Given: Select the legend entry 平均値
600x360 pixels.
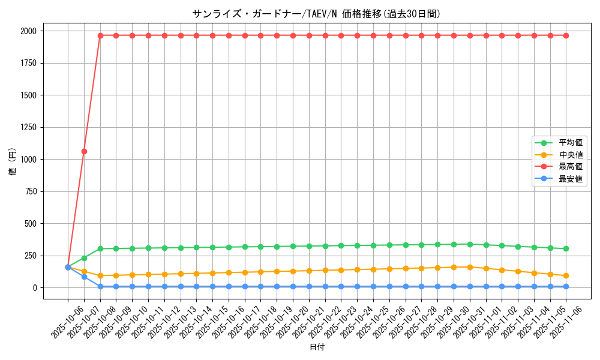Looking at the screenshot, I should [x=571, y=143].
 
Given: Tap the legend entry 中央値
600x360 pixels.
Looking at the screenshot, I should [x=571, y=155].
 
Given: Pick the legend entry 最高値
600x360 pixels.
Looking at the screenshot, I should [x=571, y=167].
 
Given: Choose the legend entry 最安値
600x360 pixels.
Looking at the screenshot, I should [x=571, y=179].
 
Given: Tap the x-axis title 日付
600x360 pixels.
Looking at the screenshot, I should [x=317, y=347].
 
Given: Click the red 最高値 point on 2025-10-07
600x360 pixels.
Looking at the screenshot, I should [x=84, y=151].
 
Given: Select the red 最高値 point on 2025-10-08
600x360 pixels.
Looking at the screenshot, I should [x=100, y=35].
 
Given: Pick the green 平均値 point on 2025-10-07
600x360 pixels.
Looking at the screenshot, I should [x=84, y=258].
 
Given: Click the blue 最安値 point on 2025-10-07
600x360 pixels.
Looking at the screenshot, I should [x=84, y=277].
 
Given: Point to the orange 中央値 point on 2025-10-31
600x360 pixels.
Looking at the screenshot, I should [x=470, y=267].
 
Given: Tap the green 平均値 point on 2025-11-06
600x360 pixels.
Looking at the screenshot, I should [x=566, y=248].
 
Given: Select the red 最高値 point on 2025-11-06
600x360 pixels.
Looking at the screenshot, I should [x=566, y=35].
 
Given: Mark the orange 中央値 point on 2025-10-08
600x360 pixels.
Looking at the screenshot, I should [x=100, y=276].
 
